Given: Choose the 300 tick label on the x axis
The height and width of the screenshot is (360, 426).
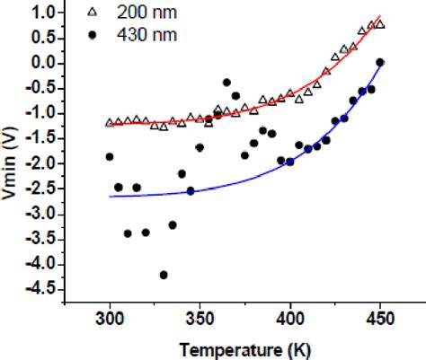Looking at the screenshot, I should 110,320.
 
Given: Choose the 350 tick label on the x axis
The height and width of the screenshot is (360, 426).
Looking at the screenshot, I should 200,320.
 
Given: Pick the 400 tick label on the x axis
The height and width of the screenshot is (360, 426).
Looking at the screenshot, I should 289,320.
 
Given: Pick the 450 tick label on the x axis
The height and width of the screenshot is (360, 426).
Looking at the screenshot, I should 379,320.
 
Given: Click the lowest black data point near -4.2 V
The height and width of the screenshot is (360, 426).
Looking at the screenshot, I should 164,275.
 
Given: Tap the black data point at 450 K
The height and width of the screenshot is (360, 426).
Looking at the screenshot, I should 380,62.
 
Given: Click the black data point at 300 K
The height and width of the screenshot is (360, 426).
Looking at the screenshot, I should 110,156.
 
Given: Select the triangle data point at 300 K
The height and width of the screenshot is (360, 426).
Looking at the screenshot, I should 110,122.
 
